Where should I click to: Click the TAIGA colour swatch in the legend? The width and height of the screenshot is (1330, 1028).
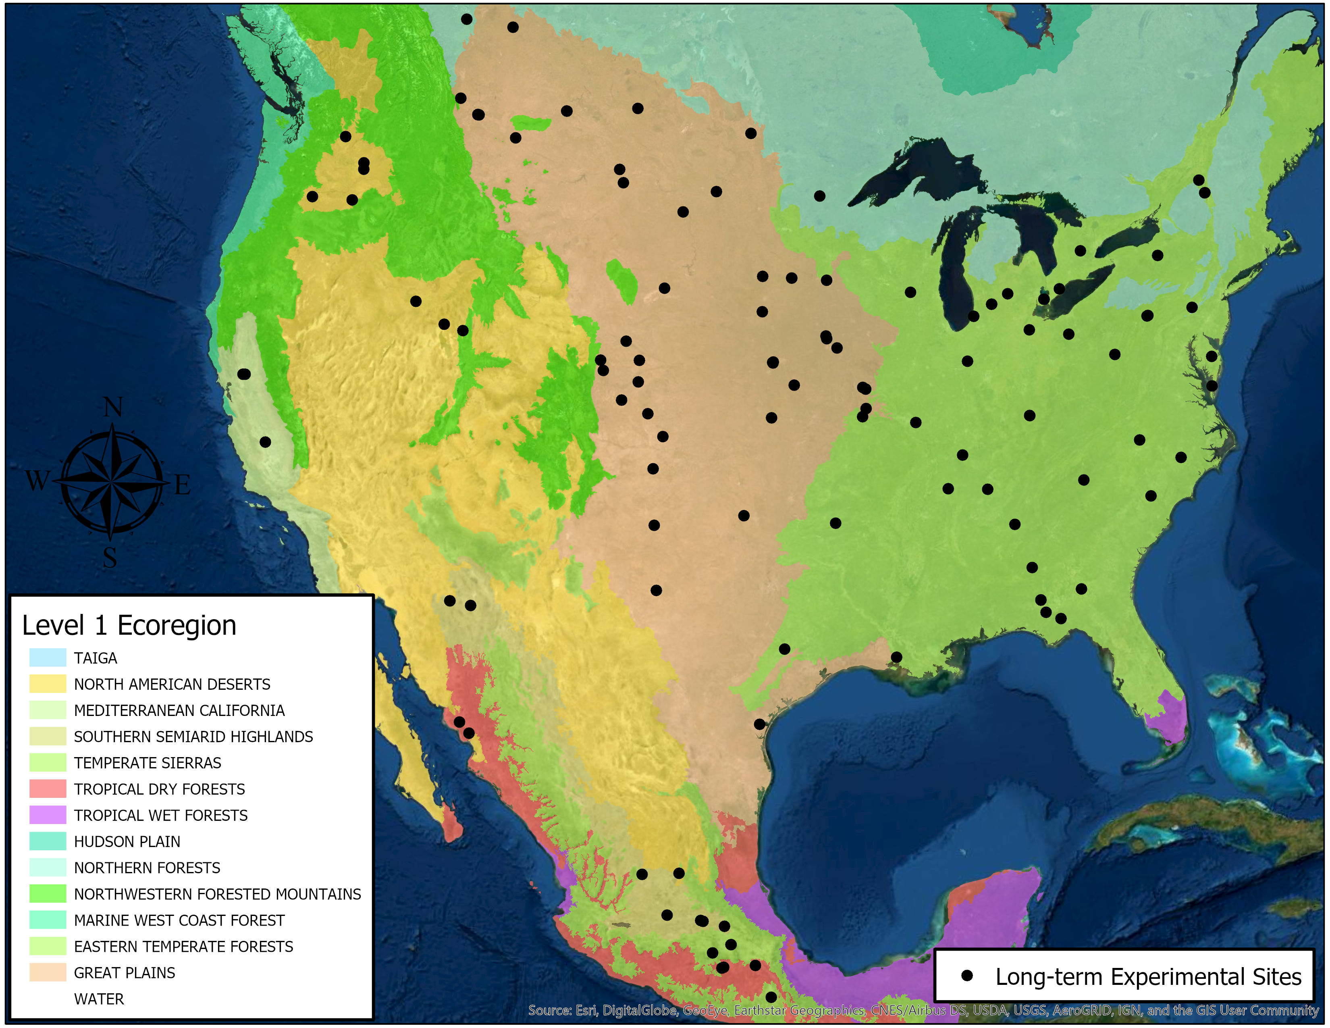tap(48, 658)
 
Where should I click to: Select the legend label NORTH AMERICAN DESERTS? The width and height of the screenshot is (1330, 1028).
tap(172, 685)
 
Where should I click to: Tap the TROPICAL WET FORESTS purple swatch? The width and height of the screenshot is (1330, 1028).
tap(48, 815)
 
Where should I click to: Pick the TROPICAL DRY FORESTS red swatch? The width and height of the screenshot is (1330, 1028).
tap(48, 789)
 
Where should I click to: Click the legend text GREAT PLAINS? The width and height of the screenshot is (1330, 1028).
tap(124, 973)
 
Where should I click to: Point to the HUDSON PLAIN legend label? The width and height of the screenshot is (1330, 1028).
tap(127, 842)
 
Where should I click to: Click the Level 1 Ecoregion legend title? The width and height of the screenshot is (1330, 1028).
tap(129, 625)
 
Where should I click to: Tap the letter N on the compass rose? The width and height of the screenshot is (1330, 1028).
tap(113, 407)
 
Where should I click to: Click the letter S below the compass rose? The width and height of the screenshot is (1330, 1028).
tap(110, 557)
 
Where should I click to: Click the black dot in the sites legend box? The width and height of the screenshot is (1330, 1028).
tap(966, 976)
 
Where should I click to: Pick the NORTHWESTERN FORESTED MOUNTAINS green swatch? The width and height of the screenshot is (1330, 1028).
tap(48, 893)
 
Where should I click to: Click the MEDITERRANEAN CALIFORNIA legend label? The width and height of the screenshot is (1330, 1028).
tap(179, 711)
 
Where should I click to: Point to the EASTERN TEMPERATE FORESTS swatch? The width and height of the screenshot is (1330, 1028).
tap(48, 946)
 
